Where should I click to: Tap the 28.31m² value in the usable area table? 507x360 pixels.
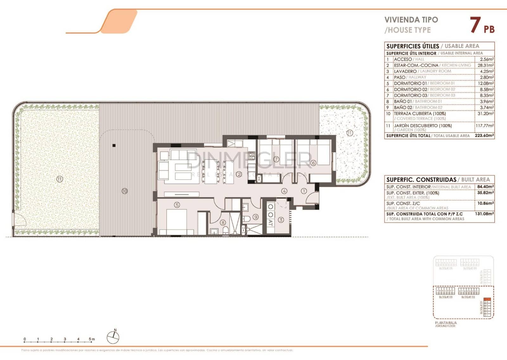(485, 65)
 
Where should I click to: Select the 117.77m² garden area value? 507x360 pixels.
(485, 126)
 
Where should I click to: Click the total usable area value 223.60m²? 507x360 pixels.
(484, 135)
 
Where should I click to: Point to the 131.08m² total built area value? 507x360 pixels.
(484, 214)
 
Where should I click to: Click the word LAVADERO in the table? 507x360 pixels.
(405, 71)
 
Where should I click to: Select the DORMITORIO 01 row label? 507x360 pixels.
(410, 83)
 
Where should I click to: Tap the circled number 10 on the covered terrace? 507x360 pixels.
(125, 191)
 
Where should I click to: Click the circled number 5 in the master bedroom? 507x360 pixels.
(177, 205)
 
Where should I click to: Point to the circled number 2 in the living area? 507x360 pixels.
(239, 174)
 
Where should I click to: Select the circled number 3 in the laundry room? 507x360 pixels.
(281, 220)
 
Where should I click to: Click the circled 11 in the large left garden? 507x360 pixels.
(60, 179)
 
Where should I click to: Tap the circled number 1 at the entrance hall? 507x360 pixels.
(304, 191)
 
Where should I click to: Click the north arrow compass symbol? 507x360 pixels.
(113, 337)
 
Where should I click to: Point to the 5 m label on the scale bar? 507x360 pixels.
(92, 339)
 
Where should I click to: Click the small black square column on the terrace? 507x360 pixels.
(114, 146)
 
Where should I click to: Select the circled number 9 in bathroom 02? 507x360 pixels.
(255, 217)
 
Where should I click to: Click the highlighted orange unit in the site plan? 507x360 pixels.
(488, 299)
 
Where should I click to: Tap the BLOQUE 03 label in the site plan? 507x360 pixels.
(446, 297)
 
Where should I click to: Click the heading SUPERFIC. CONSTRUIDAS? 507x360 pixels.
(421, 180)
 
